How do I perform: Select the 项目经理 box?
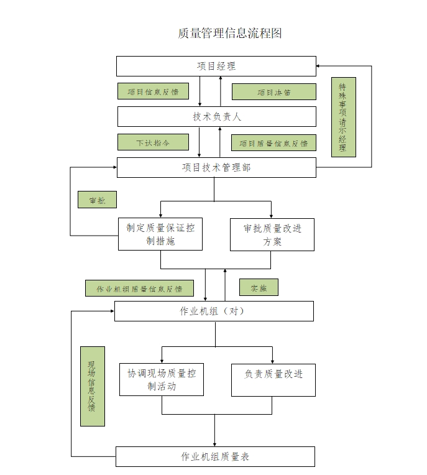click(x=216, y=66)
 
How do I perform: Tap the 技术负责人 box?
click(x=216, y=116)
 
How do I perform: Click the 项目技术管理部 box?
click(x=216, y=167)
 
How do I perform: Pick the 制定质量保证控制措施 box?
click(x=160, y=234)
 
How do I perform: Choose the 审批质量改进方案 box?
click(x=272, y=234)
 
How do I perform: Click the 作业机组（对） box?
click(x=214, y=311)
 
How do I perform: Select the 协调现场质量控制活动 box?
click(x=162, y=379)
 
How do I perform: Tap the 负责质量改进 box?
click(x=273, y=379)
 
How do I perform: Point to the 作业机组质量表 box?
click(x=215, y=456)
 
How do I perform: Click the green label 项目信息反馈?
click(x=153, y=91)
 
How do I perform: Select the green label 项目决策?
click(x=273, y=92)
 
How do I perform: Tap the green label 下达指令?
click(x=153, y=142)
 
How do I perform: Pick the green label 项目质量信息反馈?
click(x=273, y=143)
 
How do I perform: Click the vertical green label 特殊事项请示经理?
click(x=343, y=118)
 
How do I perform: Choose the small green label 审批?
click(x=97, y=200)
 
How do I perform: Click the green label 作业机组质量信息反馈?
click(x=139, y=288)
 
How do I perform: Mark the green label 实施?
click(x=259, y=287)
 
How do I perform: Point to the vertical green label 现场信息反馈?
click(x=92, y=386)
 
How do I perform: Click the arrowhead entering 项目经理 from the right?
click(x=319, y=65)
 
